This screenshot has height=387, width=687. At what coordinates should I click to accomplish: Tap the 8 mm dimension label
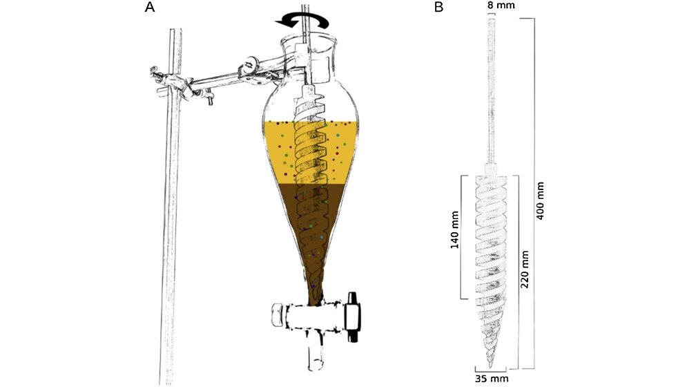(x=491, y=6)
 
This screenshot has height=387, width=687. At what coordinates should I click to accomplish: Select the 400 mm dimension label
(x=541, y=201)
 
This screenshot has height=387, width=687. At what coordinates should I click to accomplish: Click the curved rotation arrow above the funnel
(x=302, y=22)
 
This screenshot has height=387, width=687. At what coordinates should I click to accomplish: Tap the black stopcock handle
(x=354, y=317)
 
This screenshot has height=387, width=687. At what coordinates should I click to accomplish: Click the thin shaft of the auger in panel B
(x=491, y=90)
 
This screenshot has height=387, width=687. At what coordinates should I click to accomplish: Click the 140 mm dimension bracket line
(x=461, y=236)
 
